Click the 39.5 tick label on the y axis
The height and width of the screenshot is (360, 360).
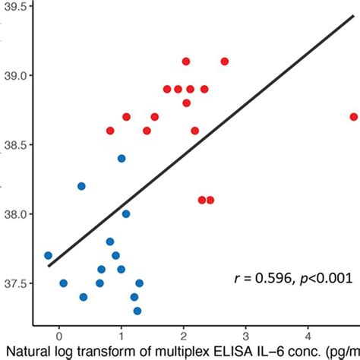pyautogui.click(x=17, y=7)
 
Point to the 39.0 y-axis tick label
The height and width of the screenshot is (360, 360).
pyautogui.click(x=17, y=76)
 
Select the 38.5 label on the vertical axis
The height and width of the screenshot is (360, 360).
pyautogui.click(x=17, y=145)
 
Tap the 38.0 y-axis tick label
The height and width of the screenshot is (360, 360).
pyautogui.click(x=17, y=214)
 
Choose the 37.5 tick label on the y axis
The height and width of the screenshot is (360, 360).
pyautogui.click(x=17, y=283)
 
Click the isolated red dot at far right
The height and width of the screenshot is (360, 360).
pyautogui.click(x=354, y=117)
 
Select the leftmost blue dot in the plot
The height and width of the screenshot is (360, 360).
pyautogui.click(x=48, y=256)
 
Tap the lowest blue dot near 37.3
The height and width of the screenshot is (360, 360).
pyautogui.click(x=137, y=311)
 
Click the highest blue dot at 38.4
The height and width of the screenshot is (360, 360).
pyautogui.click(x=122, y=159)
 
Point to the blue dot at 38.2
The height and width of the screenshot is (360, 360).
pyautogui.click(x=81, y=186)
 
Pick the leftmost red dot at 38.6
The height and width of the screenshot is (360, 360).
pyautogui.click(x=110, y=131)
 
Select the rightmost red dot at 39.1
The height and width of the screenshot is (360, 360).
pyautogui.click(x=224, y=62)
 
